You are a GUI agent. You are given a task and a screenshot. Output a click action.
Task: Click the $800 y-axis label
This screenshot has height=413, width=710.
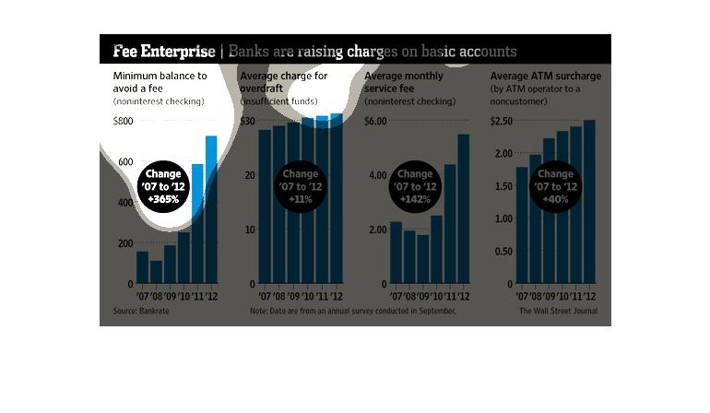(x=124, y=121)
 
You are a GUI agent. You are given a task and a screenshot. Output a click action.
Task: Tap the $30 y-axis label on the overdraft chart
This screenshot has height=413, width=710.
(x=246, y=121)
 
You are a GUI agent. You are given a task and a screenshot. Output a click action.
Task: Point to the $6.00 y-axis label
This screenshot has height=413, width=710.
(x=375, y=121)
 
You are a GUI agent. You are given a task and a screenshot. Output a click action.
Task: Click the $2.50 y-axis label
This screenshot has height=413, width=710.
(x=500, y=121)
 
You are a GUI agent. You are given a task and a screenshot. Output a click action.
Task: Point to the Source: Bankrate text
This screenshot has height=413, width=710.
(x=136, y=312)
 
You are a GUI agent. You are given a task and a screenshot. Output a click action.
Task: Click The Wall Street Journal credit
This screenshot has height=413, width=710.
(x=558, y=312)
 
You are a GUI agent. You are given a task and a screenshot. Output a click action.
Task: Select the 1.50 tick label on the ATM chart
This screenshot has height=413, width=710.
(x=503, y=185)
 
